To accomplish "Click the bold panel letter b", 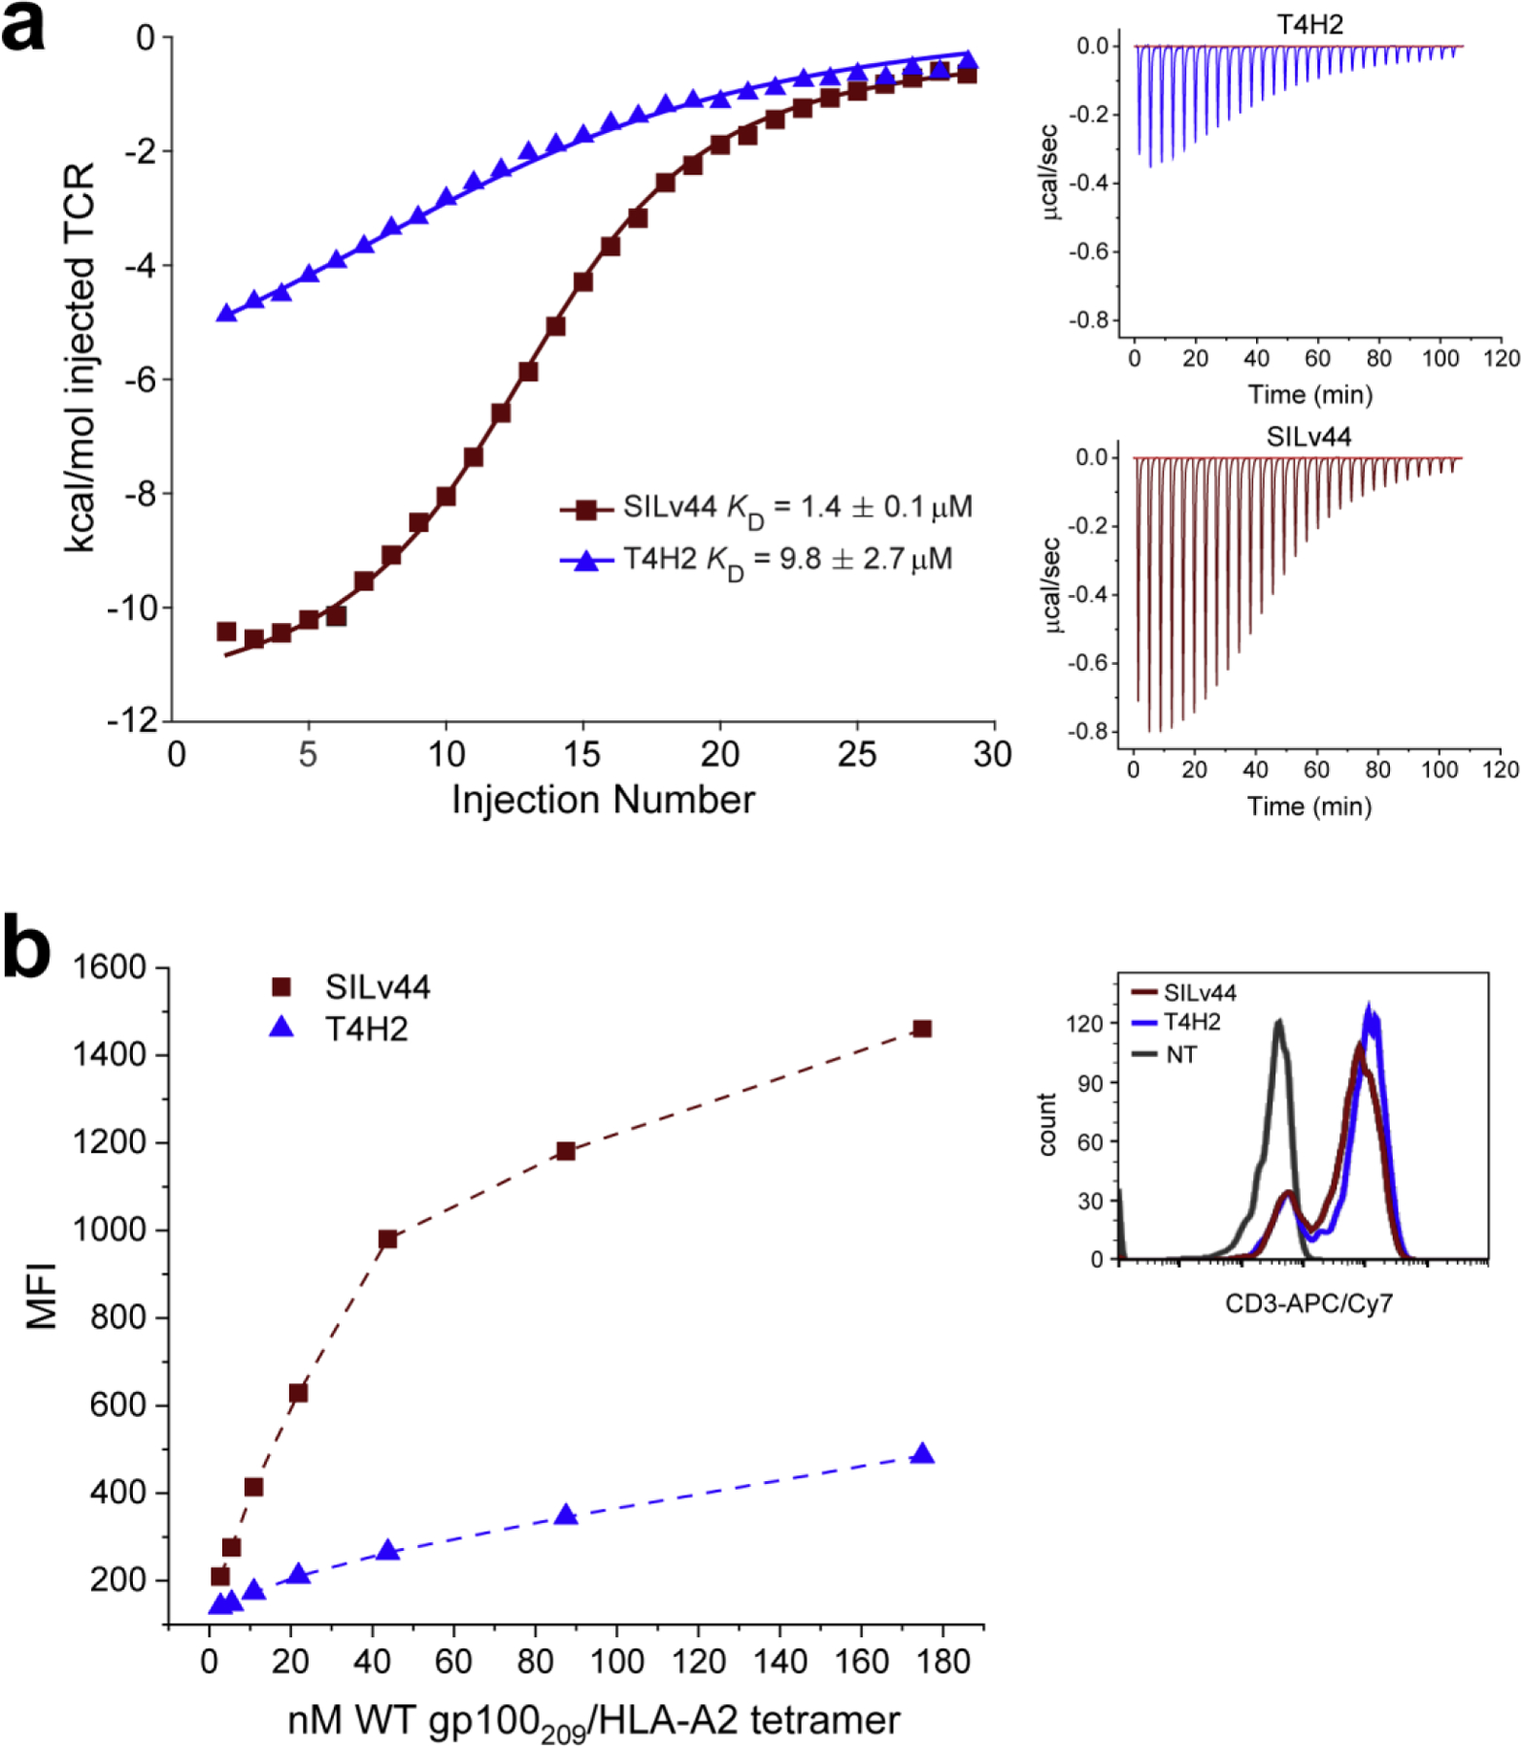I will point(26,948).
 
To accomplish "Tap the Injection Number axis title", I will point(603,800).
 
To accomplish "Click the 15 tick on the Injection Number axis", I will point(581,754).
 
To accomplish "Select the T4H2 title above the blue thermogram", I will point(1309,24).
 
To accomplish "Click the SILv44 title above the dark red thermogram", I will point(1308,437).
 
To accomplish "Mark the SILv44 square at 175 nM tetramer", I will point(922,1029).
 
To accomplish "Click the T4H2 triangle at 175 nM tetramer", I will point(922,1454).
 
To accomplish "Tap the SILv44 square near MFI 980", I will point(387,1239).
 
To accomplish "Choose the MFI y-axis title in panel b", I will point(41,1295).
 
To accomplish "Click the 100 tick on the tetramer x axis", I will point(616,1662).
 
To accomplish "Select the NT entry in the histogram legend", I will point(1180,1054).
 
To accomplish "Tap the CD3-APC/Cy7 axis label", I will point(1308,1303).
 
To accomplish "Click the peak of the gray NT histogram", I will point(1279,1021).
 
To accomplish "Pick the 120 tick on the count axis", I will point(1085,1023).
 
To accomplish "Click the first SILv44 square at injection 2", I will point(226,632).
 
